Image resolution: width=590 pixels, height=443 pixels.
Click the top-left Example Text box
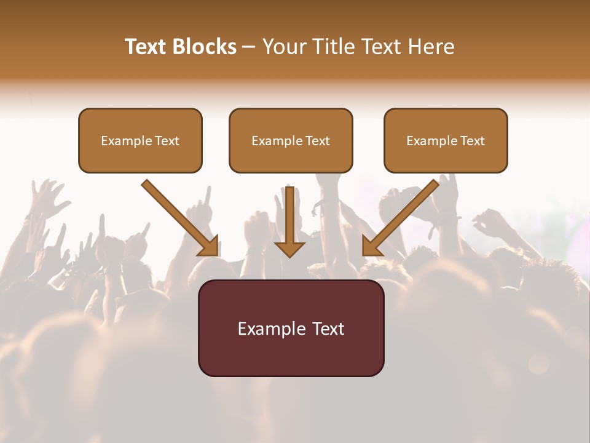point(140,140)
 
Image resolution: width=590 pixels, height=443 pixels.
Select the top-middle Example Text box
point(291,140)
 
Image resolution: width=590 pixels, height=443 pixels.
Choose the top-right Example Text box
point(446,140)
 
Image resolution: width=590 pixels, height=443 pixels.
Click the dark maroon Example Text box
point(291,328)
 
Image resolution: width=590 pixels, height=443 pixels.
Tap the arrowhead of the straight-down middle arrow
point(289,248)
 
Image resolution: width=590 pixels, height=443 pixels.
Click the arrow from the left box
point(181,218)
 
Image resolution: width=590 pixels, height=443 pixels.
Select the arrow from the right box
point(400,218)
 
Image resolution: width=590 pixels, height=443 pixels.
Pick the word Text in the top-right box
point(473,141)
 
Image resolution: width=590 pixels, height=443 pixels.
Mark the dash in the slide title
point(249,47)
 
